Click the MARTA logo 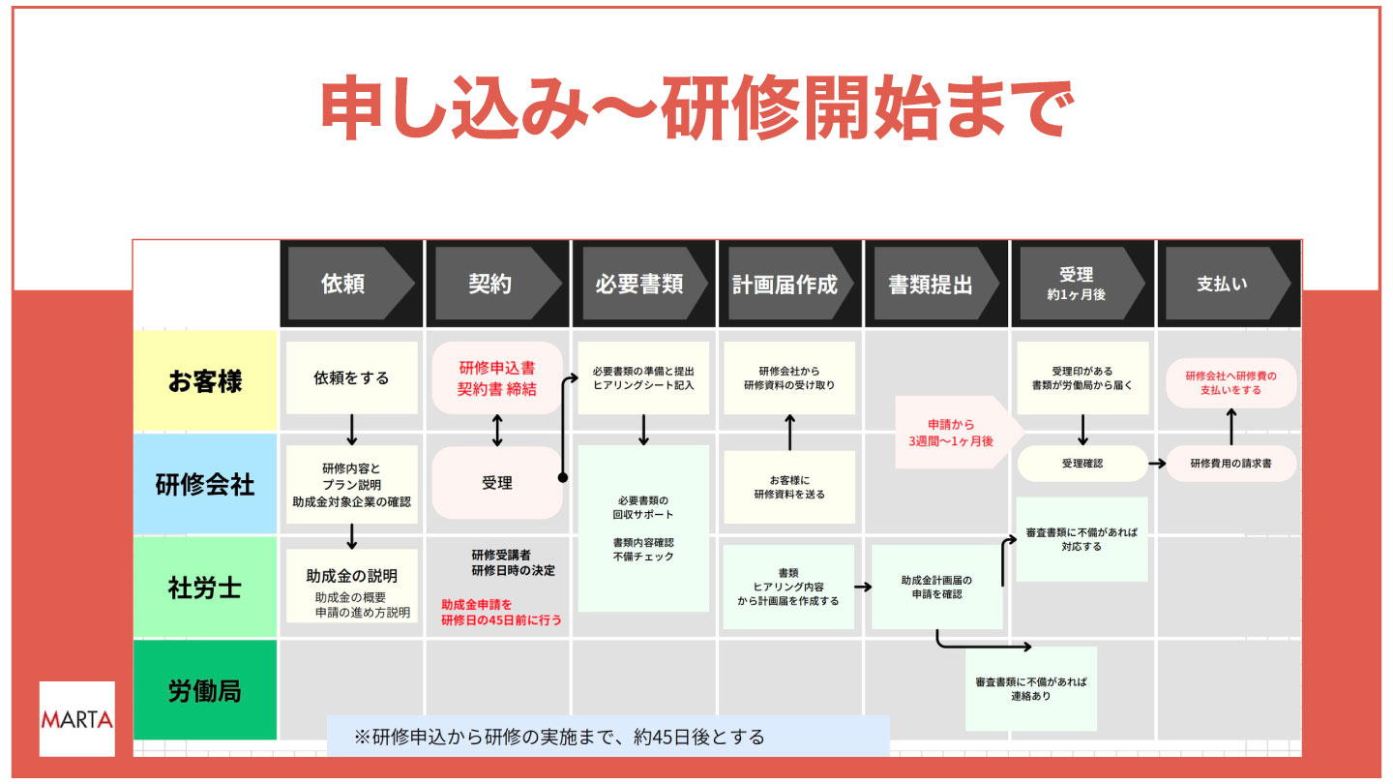click(x=76, y=719)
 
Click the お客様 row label click(x=205, y=380)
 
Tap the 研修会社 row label click(x=205, y=484)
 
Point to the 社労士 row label click(x=205, y=587)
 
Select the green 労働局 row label click(x=205, y=691)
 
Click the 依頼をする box click(x=351, y=378)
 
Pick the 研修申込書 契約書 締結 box click(x=497, y=378)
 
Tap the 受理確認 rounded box click(x=1082, y=464)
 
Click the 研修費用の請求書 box click(x=1230, y=464)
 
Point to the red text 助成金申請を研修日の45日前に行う click(x=501, y=612)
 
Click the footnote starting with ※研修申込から click(x=608, y=737)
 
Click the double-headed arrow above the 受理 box click(x=497, y=430)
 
